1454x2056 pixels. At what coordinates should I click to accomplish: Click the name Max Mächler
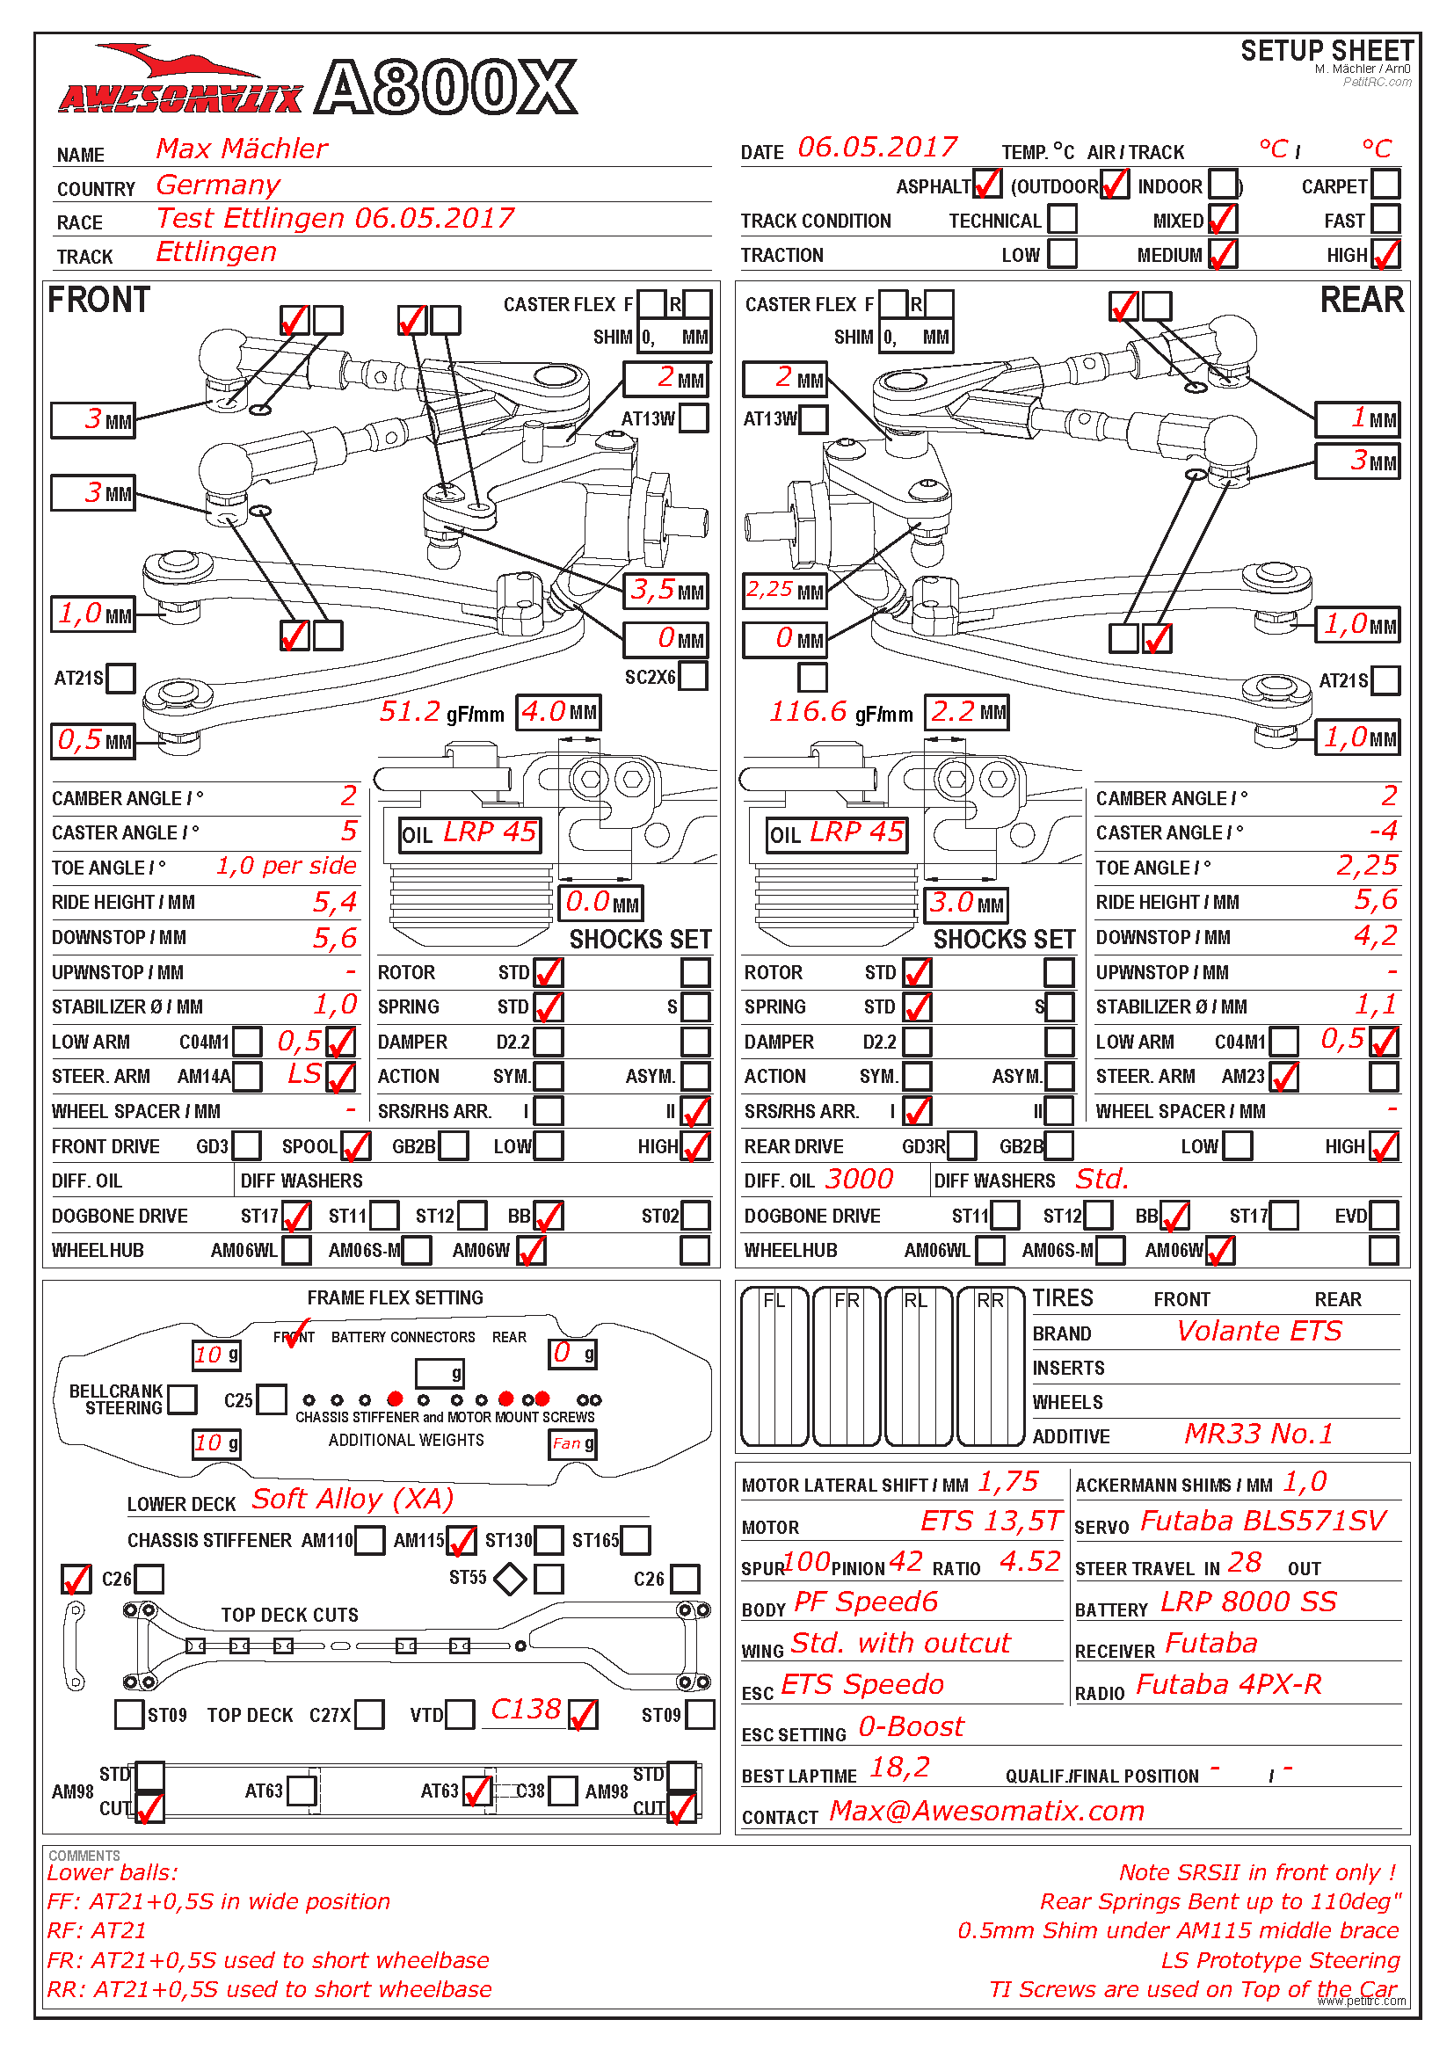242,149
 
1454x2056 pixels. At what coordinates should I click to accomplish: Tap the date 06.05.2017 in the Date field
876,148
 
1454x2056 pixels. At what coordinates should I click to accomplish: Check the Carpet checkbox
1385,185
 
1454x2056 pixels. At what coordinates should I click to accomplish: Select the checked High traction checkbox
1385,254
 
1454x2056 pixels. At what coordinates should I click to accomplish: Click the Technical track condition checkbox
1062,220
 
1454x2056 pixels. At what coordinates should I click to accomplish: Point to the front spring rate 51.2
410,712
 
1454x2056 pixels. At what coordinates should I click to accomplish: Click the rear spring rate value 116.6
808,712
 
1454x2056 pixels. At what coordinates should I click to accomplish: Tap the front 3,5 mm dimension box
667,590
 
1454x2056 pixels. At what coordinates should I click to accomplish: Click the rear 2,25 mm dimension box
784,590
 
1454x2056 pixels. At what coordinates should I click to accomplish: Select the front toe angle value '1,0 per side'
286,866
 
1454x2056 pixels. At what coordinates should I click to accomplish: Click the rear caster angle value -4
1383,831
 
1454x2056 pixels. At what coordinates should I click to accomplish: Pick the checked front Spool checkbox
355,1145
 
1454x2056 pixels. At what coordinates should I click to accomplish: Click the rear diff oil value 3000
859,1180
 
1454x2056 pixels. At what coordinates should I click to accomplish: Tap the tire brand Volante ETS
1259,1332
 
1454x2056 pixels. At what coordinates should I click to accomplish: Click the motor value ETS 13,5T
990,1521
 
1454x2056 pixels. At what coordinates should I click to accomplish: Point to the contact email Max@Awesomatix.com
986,1811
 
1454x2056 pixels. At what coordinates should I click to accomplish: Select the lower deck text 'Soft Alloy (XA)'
353,1499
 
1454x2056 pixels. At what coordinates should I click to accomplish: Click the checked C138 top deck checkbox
583,1714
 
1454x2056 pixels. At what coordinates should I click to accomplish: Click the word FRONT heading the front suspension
98,301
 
